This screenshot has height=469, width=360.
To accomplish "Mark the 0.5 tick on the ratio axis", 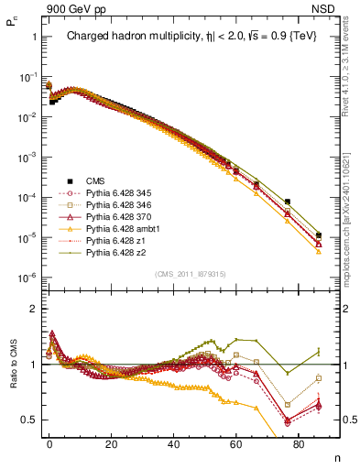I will [x=28, y=420].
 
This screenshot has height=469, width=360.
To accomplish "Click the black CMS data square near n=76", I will [x=288, y=202].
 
